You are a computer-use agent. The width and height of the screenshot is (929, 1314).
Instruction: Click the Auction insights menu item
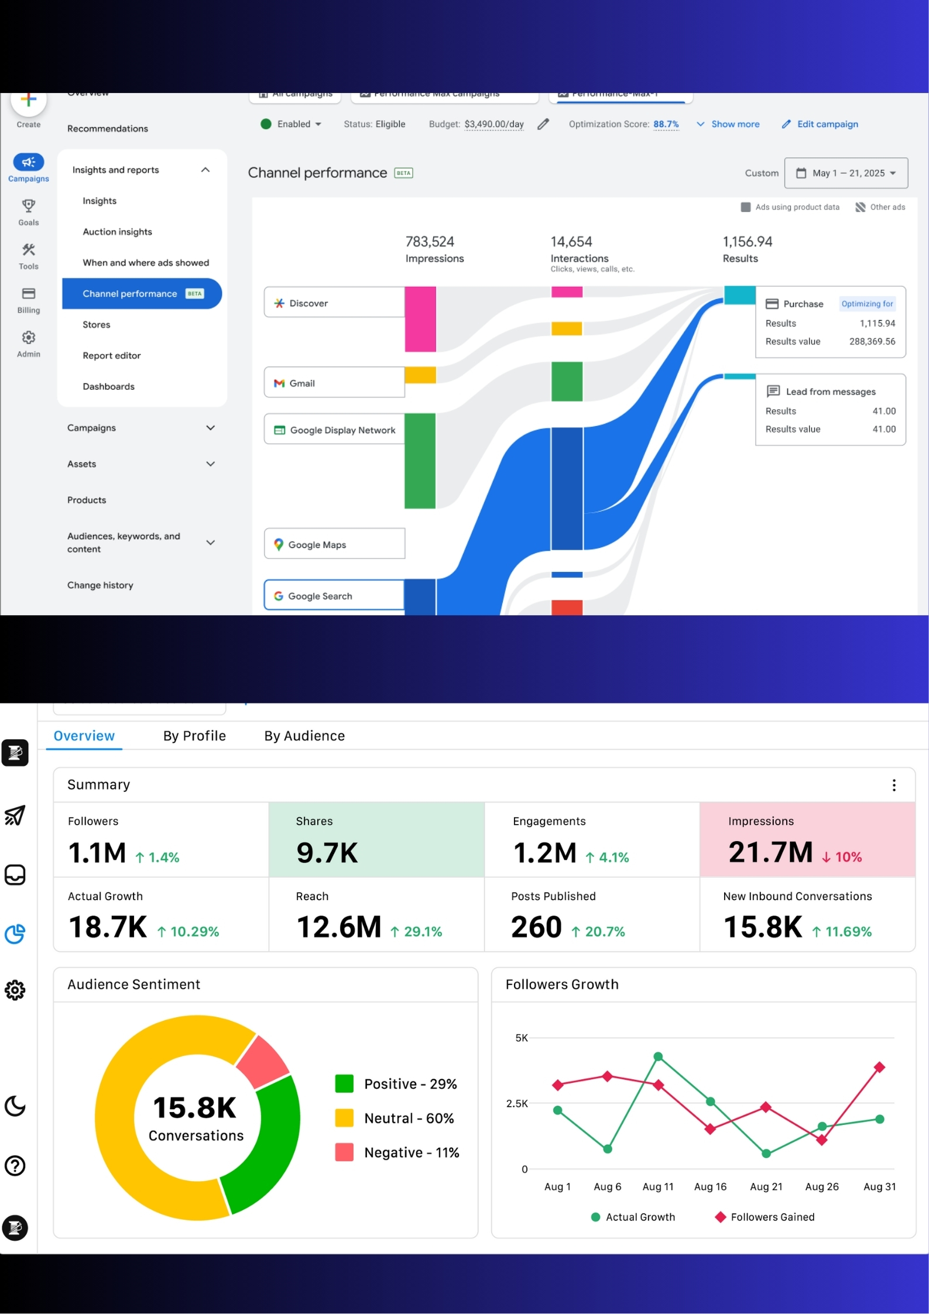117,232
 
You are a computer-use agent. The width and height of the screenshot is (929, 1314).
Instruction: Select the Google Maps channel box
334,544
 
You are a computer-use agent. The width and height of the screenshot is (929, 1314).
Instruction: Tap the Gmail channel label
301,383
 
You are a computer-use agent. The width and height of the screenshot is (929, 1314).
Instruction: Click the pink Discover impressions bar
420,319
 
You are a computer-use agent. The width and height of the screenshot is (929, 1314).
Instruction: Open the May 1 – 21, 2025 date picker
846,173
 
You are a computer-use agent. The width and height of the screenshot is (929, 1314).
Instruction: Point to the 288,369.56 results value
872,341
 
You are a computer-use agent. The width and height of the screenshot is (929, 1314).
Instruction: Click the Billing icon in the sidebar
28,294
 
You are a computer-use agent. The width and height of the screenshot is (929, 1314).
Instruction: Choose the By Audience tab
304,736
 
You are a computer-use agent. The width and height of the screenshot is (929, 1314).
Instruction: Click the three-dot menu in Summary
893,785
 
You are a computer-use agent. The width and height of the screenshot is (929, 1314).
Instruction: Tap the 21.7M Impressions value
770,852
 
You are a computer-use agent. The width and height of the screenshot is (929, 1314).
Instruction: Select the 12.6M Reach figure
338,927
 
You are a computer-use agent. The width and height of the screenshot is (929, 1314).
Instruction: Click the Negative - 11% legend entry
411,1152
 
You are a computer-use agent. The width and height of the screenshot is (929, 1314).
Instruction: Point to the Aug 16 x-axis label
709,1186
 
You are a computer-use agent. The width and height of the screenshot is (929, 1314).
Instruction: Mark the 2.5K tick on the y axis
516,1103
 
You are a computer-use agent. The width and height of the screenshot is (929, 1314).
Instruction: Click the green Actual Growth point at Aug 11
658,1056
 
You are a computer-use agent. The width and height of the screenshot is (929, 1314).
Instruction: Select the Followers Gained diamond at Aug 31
879,1067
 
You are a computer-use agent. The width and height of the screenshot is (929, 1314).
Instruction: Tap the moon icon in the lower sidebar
15,1106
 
